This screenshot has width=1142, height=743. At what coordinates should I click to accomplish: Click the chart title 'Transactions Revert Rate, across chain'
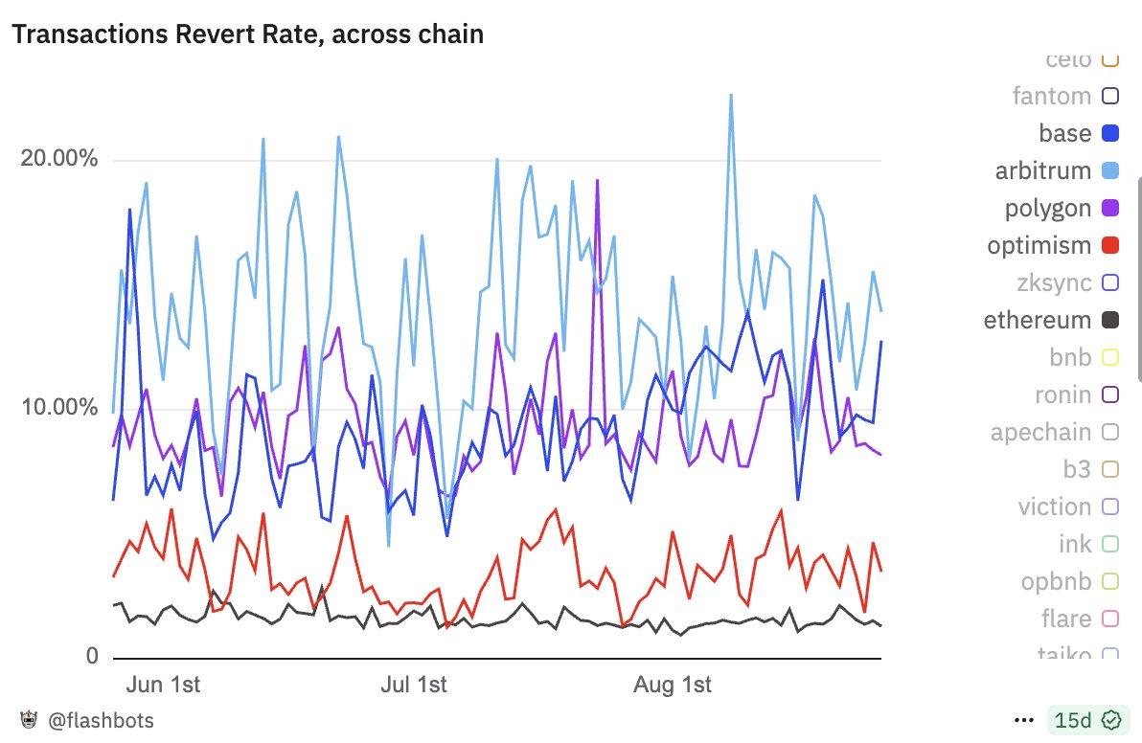pos(247,35)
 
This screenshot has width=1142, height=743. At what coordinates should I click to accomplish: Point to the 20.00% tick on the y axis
pos(59,158)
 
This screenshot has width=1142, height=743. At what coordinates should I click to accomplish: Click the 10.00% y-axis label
pos(59,407)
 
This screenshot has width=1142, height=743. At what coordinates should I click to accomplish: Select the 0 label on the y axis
pos(92,657)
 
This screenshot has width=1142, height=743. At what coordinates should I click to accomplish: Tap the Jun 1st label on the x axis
pos(163,686)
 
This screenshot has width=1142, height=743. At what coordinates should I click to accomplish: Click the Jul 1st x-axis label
pos(414,686)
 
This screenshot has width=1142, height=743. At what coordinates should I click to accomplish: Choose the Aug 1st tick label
pos(673,686)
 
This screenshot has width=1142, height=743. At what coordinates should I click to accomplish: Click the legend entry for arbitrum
pos(1043,171)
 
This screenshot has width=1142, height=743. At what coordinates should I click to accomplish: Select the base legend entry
pos(1064,133)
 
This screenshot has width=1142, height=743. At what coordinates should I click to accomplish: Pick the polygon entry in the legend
pos(1047,209)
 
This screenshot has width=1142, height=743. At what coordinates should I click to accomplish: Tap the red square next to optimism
pos(1110,245)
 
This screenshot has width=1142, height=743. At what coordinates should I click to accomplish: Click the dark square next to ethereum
pos(1110,320)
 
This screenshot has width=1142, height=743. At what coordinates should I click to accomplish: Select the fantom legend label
pos(1051,96)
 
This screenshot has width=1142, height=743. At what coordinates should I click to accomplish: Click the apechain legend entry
pos(1040,433)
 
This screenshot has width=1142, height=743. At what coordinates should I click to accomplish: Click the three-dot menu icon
pos(1024,719)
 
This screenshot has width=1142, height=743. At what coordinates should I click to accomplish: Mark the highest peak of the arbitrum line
pos(731,95)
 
